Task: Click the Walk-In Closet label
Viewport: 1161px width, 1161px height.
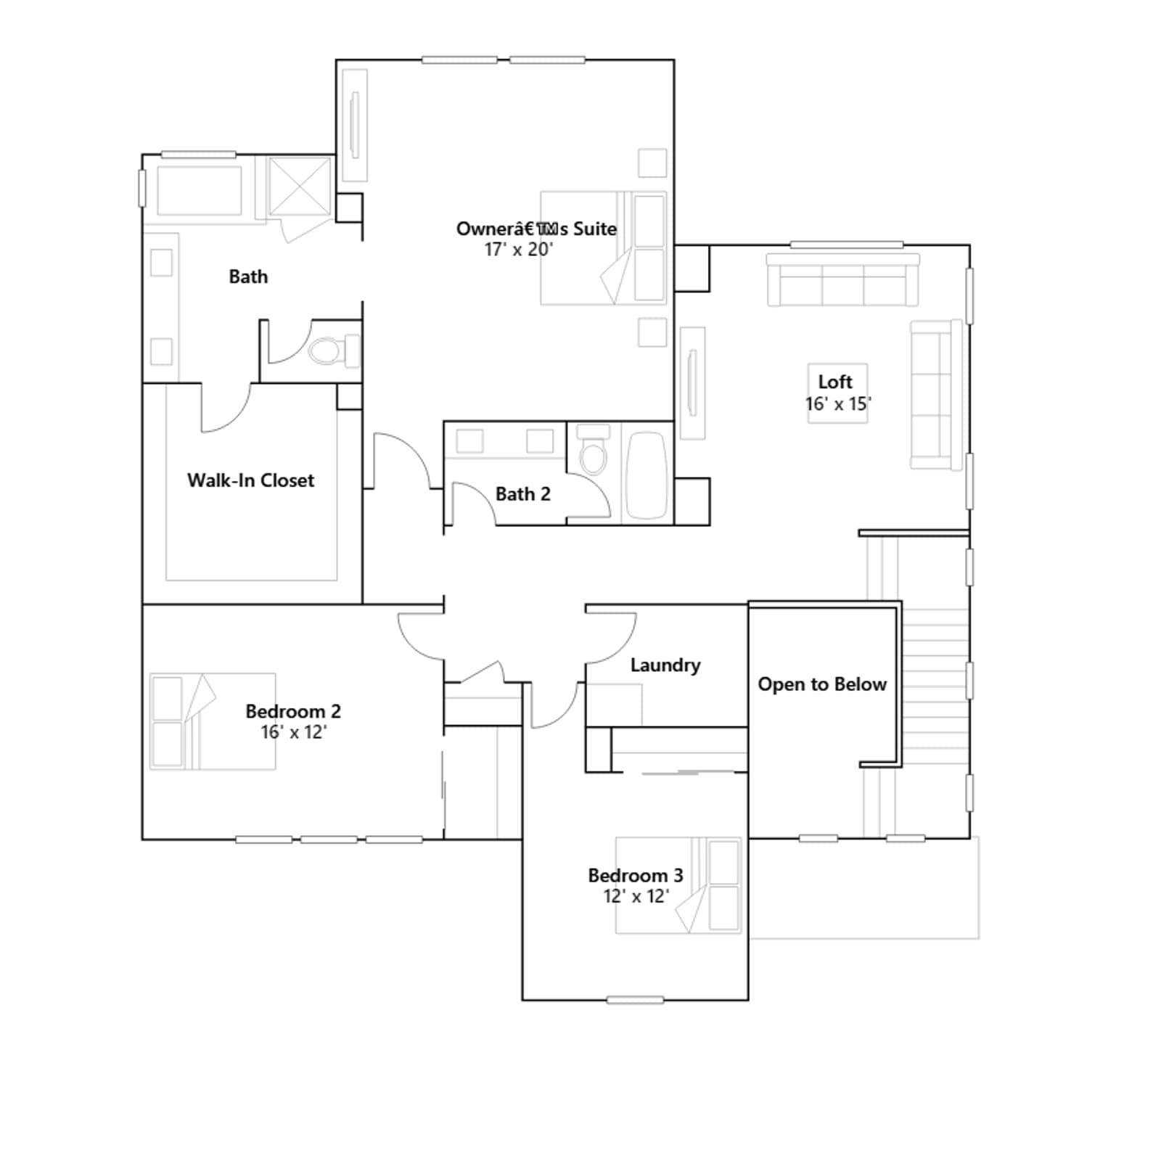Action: point(251,480)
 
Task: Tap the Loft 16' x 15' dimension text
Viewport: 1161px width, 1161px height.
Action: point(838,404)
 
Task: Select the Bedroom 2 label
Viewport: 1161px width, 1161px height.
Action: point(293,711)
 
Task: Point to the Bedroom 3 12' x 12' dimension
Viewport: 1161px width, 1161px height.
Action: point(636,897)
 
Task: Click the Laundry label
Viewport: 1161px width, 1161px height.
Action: point(665,665)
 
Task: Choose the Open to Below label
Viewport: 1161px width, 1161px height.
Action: point(822,684)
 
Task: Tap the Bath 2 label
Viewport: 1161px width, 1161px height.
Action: point(523,494)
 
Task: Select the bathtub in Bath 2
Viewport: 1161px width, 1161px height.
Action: point(647,476)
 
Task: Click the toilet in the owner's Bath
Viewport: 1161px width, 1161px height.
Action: point(333,351)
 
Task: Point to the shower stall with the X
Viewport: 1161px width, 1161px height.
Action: point(300,187)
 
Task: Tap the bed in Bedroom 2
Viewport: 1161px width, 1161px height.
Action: point(213,721)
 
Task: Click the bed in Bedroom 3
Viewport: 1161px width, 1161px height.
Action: point(678,885)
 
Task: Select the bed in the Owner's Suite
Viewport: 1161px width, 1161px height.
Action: point(604,248)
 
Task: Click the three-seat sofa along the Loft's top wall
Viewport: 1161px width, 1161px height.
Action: point(843,280)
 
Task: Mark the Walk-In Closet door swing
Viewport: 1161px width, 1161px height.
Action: point(226,409)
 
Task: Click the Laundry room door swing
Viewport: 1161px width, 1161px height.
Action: point(611,638)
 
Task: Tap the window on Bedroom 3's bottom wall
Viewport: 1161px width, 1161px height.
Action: point(635,1000)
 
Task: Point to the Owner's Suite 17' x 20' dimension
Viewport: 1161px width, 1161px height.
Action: point(519,250)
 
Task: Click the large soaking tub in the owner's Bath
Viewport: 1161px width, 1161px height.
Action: point(200,191)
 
